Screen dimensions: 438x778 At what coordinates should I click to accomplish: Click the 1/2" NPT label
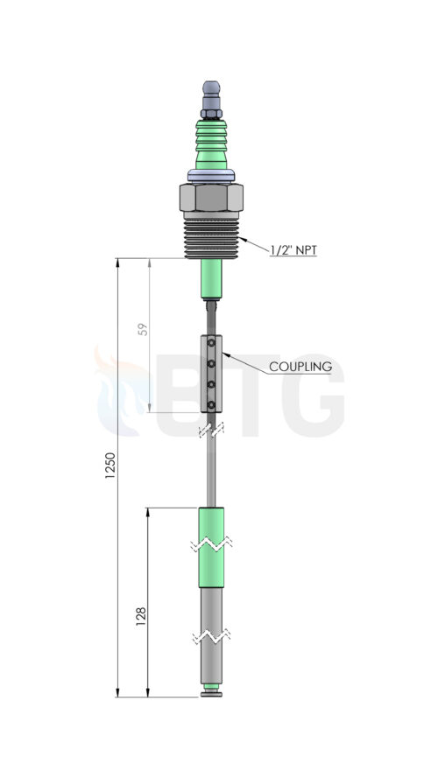click(293, 250)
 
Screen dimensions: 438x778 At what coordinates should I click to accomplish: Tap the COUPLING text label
click(300, 368)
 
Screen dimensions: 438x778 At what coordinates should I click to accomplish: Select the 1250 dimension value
click(110, 465)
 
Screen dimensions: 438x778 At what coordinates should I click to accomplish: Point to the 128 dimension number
click(141, 616)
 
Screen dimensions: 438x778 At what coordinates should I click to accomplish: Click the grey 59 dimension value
click(144, 329)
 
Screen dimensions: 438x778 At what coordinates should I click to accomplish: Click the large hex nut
click(211, 197)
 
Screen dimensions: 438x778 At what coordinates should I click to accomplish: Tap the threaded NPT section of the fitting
click(211, 239)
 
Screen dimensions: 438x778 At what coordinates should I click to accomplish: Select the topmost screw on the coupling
click(211, 343)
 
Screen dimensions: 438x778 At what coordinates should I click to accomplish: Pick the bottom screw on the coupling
click(211, 405)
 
